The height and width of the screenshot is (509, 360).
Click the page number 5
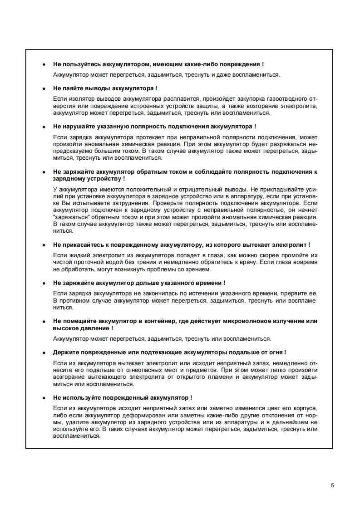coord(332,485)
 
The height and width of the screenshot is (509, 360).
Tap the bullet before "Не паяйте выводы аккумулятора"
coord(44,88)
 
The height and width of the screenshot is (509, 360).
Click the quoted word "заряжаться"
coord(69,217)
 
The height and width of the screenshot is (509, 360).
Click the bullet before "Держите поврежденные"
coord(44,352)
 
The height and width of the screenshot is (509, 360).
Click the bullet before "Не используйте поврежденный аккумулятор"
coord(44,398)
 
